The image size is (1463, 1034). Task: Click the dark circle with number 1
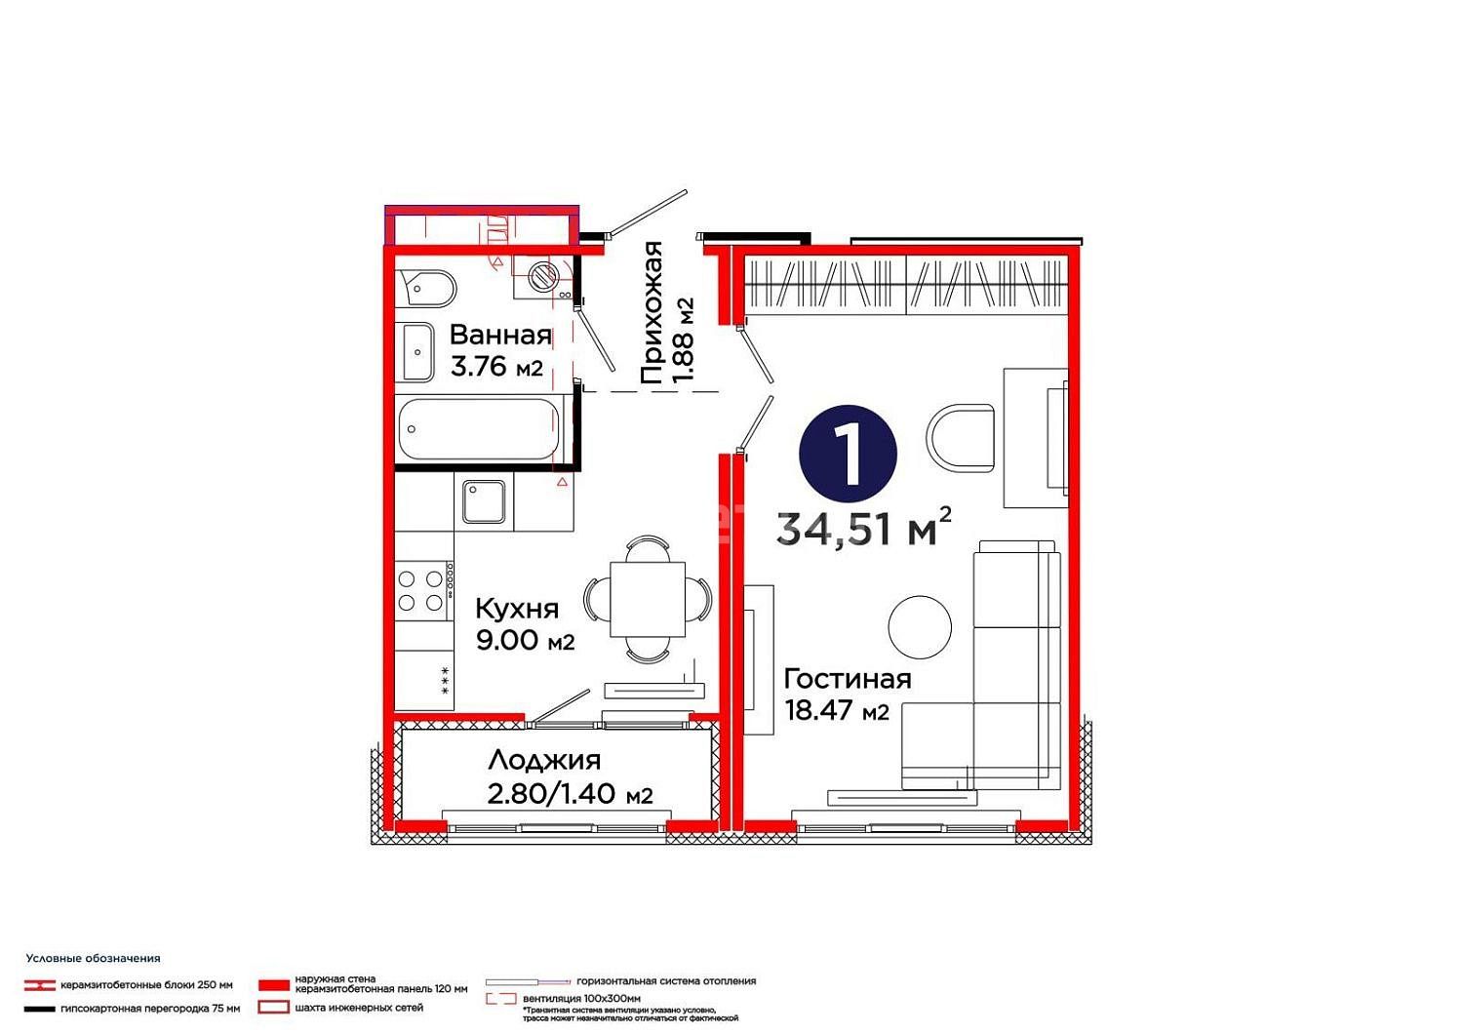coord(848,454)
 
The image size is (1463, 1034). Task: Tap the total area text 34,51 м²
coord(863,528)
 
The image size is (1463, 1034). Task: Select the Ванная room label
coord(501,336)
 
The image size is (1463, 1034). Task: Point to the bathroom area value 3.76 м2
coord(496,367)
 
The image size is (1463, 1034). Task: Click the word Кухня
coord(517,609)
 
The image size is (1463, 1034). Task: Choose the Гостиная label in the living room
coord(848,679)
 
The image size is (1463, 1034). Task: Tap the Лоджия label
coord(544,760)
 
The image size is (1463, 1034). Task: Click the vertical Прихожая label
coord(652,312)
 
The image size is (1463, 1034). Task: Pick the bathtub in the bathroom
coord(479,428)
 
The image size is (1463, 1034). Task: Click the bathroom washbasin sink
coord(417,352)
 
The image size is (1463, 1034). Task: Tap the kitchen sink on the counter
coord(484,501)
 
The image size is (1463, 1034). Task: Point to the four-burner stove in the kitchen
coord(423,590)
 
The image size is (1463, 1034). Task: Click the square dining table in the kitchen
coord(648,599)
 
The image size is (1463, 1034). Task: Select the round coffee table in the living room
coord(920,627)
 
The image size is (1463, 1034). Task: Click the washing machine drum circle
coord(542,276)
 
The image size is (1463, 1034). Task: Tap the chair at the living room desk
coord(960,438)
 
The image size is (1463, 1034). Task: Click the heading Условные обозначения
coord(93,958)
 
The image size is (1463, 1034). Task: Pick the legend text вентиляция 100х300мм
coord(581,998)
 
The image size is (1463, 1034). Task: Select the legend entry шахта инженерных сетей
coord(359,1008)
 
